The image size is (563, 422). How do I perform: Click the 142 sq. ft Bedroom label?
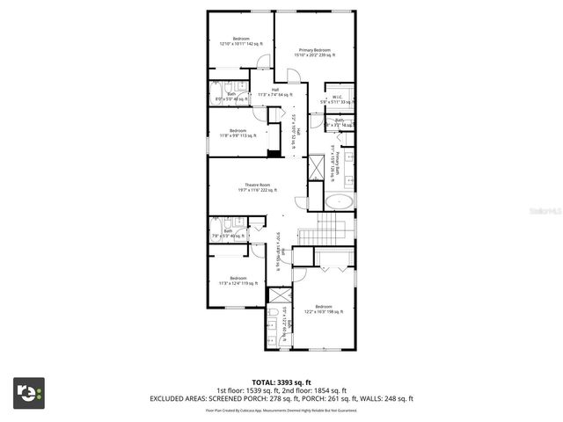coord(240,41)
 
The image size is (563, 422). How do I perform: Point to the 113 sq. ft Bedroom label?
coord(238,133)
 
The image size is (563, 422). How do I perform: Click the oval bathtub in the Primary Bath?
coord(339,201)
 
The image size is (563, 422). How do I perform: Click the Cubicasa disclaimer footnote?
coord(281,410)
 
